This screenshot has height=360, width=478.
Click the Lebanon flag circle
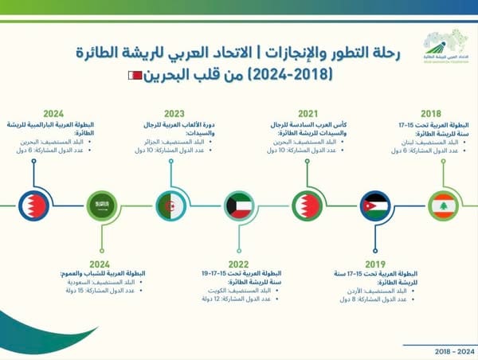tap(441, 205)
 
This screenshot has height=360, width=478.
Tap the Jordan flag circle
tap(374, 205)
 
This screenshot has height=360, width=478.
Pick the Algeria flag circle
tap(170, 205)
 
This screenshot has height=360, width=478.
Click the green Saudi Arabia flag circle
tap(102, 205)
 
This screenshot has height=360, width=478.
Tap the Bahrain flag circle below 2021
tap(307, 205)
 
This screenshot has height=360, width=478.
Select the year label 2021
tap(307, 114)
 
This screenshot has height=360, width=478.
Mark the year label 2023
tap(174, 114)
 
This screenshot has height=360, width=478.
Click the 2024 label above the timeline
tap(54, 114)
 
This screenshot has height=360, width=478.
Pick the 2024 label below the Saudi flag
tap(100, 264)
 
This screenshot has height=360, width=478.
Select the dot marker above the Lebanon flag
tap(441, 162)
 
